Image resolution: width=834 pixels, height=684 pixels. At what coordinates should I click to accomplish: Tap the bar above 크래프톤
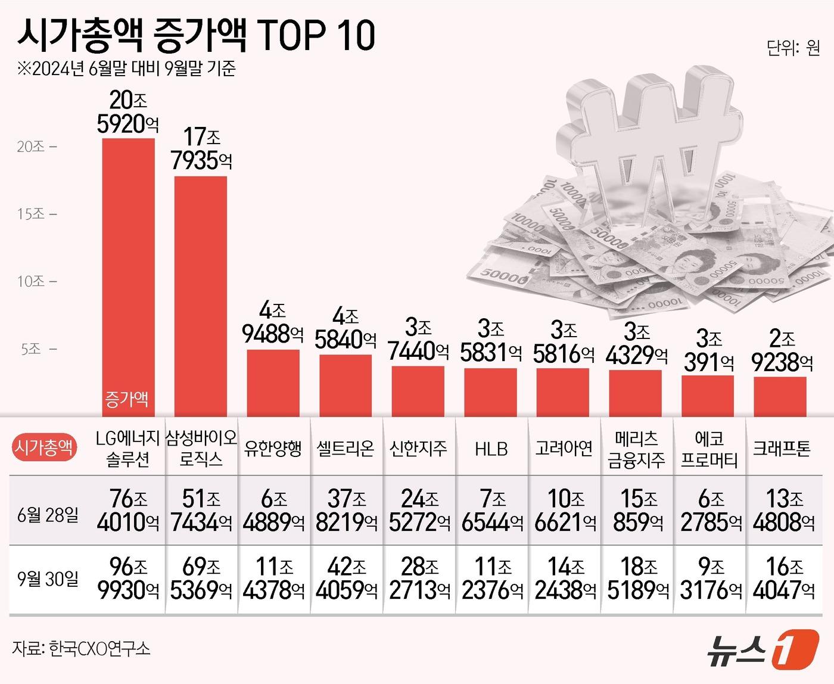pos(780,397)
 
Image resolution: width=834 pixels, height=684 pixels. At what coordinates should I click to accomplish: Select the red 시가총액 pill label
pos(45,448)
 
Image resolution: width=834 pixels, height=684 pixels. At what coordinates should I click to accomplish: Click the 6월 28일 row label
pos(48,514)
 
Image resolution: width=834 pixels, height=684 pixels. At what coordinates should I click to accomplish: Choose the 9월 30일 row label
pos(48,579)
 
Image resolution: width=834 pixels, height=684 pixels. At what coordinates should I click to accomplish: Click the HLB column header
pos(491,449)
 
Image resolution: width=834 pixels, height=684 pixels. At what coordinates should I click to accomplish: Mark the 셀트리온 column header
pos(346,449)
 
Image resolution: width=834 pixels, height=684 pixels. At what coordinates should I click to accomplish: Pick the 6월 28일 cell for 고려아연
pos(565,511)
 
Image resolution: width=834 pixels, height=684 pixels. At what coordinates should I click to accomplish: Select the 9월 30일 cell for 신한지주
pos(419,579)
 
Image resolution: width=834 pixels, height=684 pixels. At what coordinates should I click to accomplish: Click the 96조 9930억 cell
pos(128,579)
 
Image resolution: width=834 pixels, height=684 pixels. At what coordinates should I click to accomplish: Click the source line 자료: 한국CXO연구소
pos(81,648)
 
